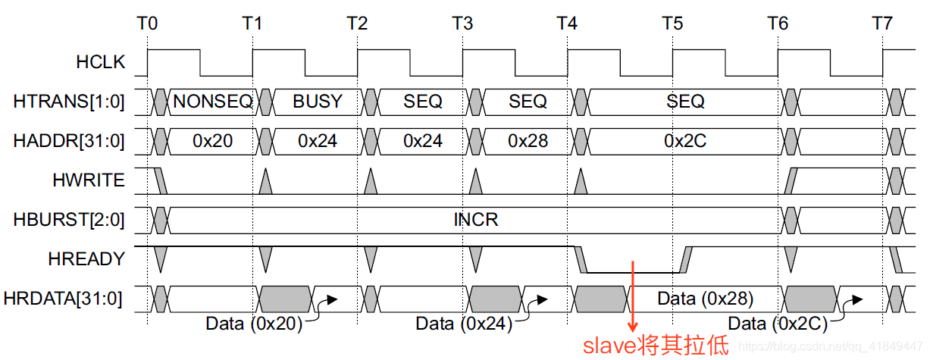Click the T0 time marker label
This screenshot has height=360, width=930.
coord(148,23)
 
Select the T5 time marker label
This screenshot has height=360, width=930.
coord(672,23)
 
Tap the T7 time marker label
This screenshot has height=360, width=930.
coord(881,23)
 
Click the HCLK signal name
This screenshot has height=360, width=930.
coord(100,62)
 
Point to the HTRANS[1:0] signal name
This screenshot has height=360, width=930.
coord(69,101)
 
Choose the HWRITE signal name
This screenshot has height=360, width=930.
coord(88,180)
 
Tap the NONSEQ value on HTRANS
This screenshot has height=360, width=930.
coord(213,101)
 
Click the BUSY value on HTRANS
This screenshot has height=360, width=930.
coord(318,101)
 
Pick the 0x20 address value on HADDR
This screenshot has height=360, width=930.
coord(213,140)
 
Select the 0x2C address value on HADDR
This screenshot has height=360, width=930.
coord(686,140)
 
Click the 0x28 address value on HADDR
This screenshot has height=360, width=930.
coord(528,140)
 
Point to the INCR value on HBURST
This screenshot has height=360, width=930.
coord(476,220)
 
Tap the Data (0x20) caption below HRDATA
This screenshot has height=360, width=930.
coord(254,324)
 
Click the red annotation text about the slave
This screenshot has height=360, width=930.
coord(655,346)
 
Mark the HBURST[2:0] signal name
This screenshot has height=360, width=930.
coord(69,220)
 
